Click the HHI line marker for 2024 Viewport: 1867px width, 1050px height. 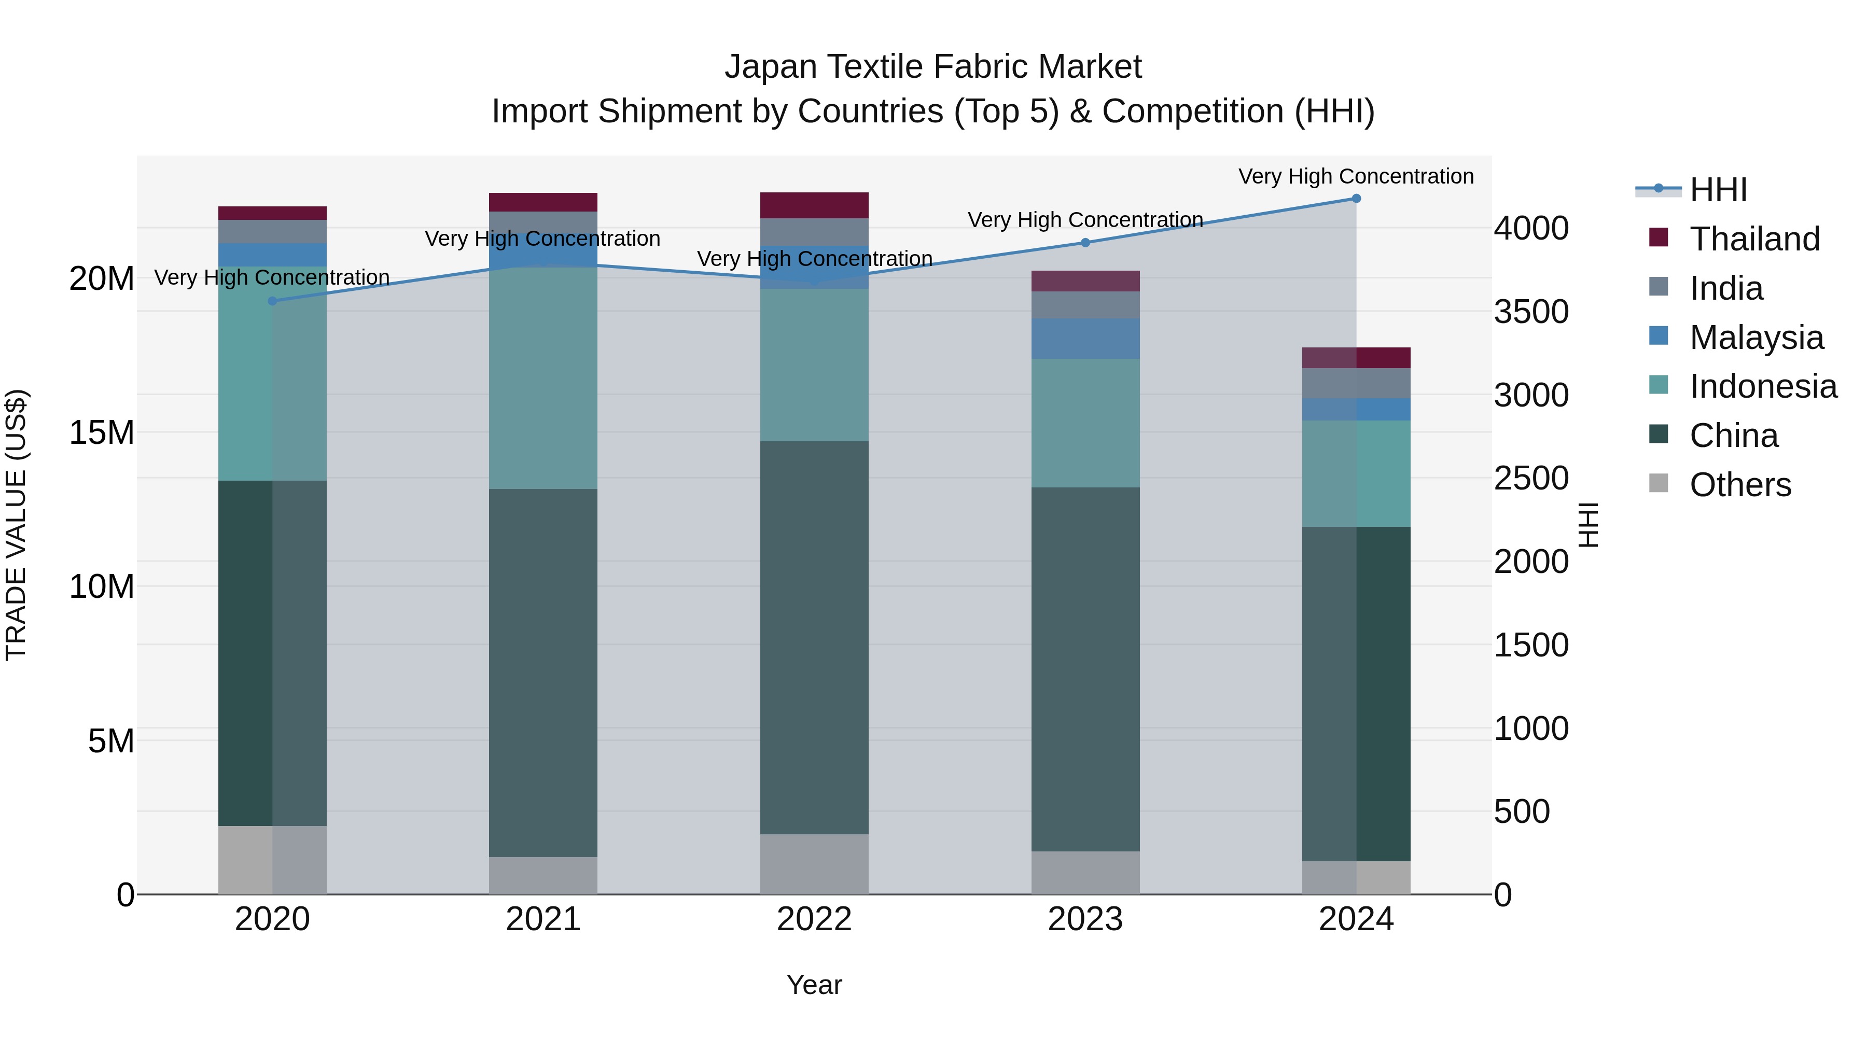(x=1356, y=199)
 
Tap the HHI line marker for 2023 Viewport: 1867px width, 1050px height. (x=1085, y=243)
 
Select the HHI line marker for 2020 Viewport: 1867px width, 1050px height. (x=272, y=301)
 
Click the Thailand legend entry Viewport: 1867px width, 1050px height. (x=1754, y=239)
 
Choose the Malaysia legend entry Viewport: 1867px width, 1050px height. (x=1755, y=338)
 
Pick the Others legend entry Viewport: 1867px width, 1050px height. (x=1739, y=485)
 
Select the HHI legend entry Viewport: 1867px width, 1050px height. (x=1718, y=190)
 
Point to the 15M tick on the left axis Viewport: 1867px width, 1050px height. (x=102, y=432)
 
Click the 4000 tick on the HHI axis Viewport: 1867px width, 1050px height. (x=1531, y=228)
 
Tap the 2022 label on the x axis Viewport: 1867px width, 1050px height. (x=814, y=919)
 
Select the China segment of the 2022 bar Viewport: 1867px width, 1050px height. (x=814, y=638)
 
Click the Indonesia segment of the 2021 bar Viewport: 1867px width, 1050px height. (x=543, y=377)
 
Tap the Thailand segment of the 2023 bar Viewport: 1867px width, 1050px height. (x=1085, y=281)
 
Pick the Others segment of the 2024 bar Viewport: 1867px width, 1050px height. (x=1356, y=877)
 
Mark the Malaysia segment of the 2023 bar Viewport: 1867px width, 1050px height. (x=1085, y=339)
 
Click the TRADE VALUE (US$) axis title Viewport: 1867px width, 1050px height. (x=16, y=525)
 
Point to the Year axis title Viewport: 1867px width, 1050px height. (x=814, y=985)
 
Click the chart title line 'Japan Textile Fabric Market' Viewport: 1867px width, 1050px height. (x=933, y=67)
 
